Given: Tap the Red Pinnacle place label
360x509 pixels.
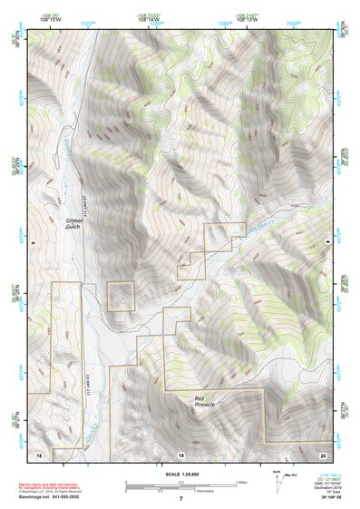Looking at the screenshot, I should click(x=205, y=401).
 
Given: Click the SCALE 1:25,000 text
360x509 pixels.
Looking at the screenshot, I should click(x=181, y=474).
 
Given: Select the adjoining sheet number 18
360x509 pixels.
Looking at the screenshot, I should click(x=39, y=452).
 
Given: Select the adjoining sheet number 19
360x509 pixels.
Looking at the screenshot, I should click(x=180, y=452).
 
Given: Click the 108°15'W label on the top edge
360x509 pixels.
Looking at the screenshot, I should click(x=51, y=20).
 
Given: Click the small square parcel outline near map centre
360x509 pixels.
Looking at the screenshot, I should click(x=122, y=296).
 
